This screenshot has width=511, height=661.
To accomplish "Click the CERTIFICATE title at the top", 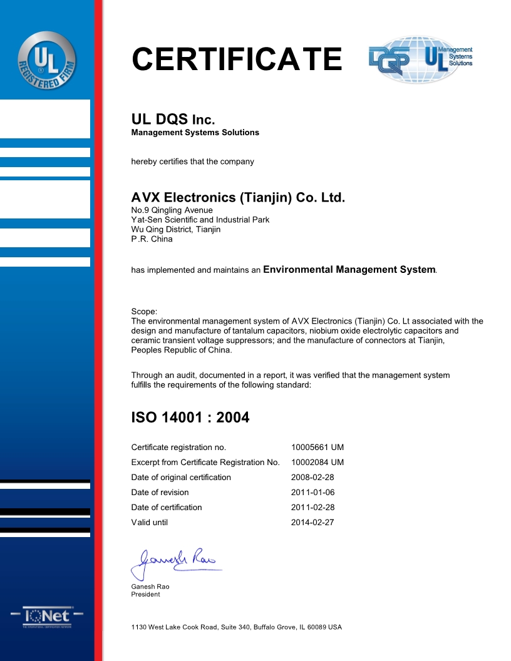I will [237, 59].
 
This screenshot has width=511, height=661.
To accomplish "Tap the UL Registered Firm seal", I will [47, 60].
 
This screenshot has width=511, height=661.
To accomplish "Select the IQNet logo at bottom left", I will [47, 617].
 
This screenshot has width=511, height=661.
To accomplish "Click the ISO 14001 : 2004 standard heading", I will [190, 418].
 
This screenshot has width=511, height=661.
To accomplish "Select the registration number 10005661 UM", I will [317, 448].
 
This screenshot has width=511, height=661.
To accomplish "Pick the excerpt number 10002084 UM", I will [317, 463].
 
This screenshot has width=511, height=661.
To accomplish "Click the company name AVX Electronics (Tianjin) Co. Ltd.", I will [238, 198].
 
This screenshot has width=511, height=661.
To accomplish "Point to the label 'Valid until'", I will [150, 523].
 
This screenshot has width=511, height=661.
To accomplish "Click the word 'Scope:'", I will [144, 312].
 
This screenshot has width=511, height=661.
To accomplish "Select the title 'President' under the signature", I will [145, 595].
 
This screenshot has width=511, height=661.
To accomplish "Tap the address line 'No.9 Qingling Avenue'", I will [172, 210].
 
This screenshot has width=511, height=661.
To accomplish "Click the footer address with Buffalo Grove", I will [236, 627].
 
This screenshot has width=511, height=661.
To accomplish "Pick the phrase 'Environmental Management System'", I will [349, 270].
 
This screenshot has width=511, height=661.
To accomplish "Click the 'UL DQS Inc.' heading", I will [173, 120].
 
